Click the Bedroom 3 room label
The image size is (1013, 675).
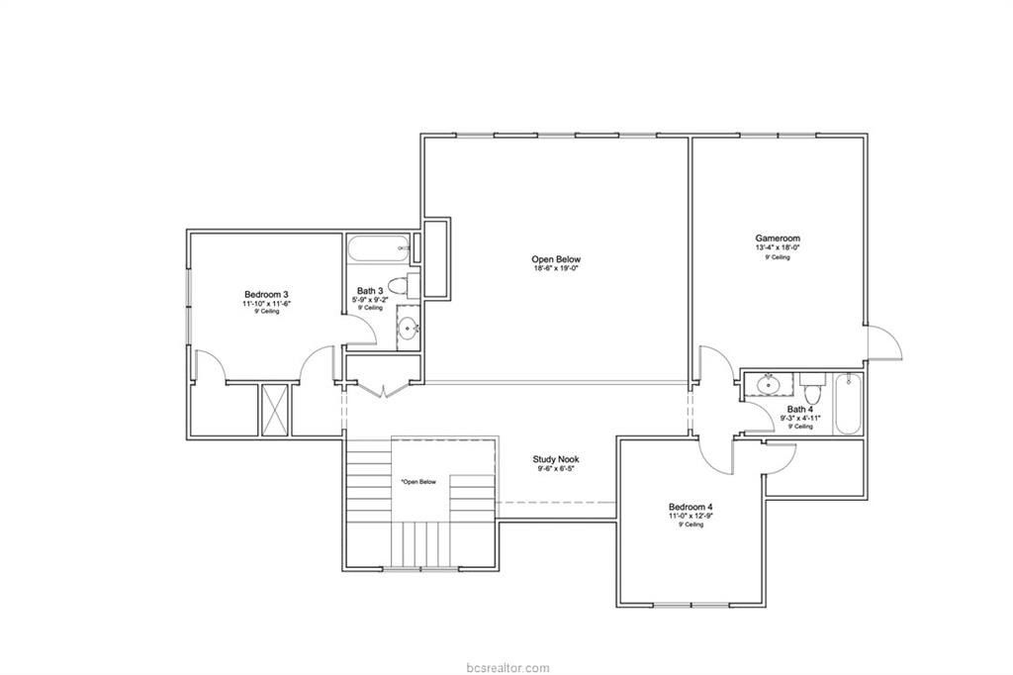(266, 294)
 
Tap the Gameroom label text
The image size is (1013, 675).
(778, 238)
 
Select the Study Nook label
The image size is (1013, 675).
(555, 459)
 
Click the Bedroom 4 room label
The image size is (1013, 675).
(691, 507)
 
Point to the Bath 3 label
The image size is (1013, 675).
(370, 292)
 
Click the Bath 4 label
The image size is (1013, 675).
(800, 409)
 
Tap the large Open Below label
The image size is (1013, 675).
(555, 259)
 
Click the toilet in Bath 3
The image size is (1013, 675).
(399, 287)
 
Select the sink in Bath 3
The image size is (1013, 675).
(407, 328)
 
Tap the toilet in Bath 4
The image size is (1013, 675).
(813, 383)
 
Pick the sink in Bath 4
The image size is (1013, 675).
(769, 383)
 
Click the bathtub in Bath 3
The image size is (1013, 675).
(378, 247)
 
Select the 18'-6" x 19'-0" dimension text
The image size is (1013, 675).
(555, 268)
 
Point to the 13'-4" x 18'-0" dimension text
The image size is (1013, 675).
(778, 247)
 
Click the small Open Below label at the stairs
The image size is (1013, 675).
(418, 482)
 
